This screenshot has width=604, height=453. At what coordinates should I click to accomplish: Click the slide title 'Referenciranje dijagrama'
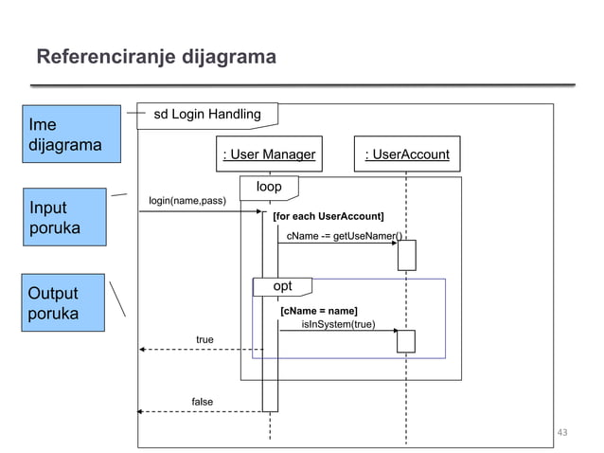(156, 58)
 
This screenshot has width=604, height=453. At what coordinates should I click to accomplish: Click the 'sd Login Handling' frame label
(207, 115)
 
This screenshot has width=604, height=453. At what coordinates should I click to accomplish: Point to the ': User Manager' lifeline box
(269, 154)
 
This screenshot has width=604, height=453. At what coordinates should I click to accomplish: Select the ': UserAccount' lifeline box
(407, 154)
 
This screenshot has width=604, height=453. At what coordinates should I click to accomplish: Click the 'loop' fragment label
(269, 187)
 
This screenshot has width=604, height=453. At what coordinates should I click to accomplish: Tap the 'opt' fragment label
(282, 286)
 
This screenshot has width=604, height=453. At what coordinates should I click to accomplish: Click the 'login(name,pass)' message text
(187, 201)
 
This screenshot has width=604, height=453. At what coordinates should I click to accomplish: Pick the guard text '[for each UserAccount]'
(328, 217)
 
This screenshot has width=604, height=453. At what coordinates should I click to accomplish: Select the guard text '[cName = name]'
(318, 311)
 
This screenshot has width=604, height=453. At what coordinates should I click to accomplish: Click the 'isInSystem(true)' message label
(338, 324)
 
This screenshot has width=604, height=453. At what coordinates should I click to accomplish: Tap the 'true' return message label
(204, 339)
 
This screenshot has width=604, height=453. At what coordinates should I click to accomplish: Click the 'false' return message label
(203, 402)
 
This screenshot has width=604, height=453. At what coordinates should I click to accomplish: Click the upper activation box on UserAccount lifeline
(406, 255)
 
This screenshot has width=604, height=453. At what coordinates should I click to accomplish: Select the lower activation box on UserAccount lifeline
(406, 341)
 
